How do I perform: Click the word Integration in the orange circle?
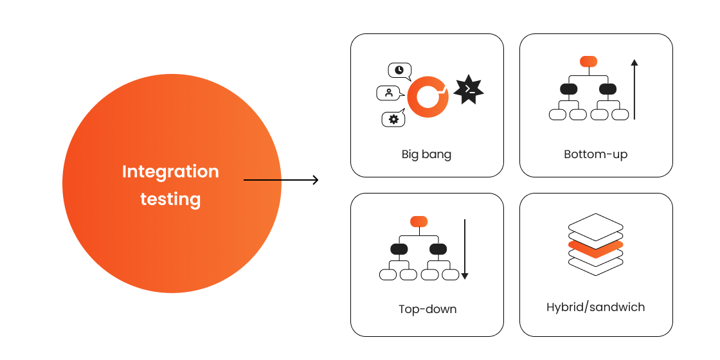point(170,172)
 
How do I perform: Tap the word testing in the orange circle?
point(170,199)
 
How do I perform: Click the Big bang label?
point(426,154)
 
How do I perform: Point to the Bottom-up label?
point(595,154)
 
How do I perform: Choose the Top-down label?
point(428,309)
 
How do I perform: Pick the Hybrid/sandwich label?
point(595,307)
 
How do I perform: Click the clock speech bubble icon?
point(399,70)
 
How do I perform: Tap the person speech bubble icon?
point(389,93)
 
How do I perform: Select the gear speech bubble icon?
point(393,119)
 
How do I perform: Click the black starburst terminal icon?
point(469,90)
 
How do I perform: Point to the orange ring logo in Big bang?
point(428,97)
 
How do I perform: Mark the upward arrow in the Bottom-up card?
point(634,89)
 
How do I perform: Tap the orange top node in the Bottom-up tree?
point(588,62)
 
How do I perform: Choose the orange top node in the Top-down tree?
point(419,222)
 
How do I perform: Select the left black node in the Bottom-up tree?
point(569,89)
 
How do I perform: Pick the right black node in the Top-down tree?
point(438,249)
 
